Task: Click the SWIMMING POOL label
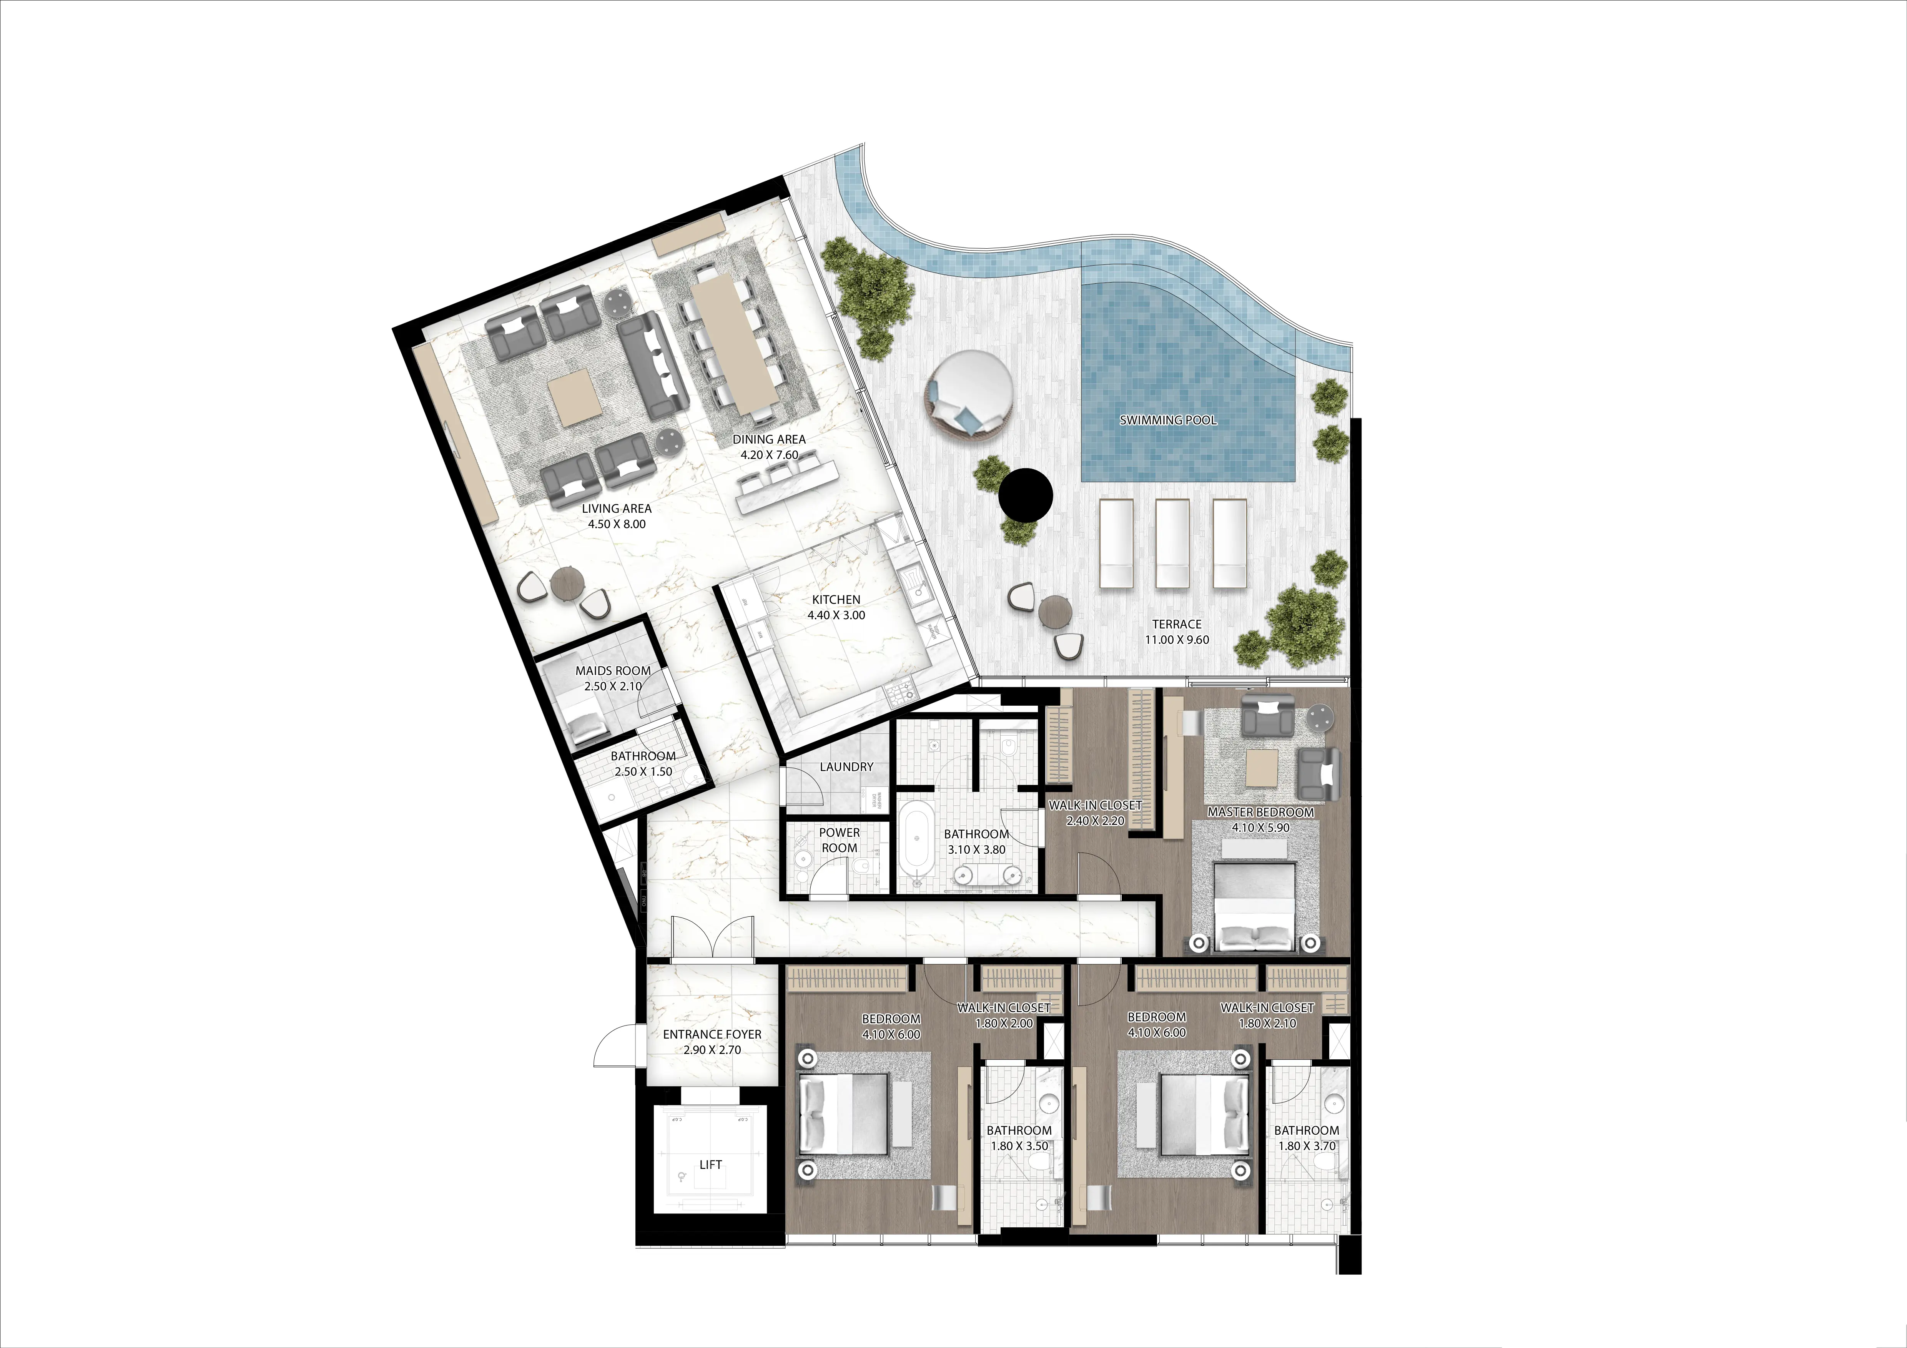(x=1168, y=420)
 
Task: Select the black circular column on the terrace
(x=1026, y=496)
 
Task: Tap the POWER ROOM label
(x=839, y=840)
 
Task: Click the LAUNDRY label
(x=846, y=766)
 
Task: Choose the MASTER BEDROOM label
(x=1260, y=812)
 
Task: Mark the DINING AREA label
(x=768, y=439)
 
